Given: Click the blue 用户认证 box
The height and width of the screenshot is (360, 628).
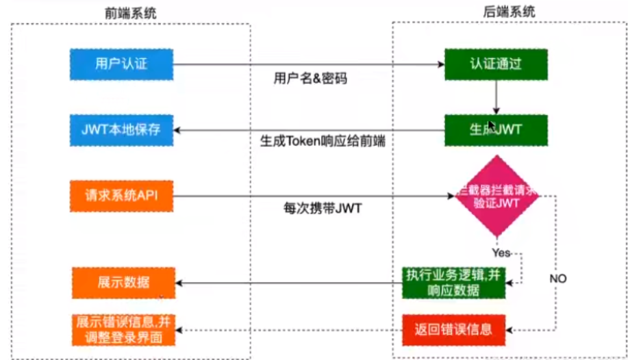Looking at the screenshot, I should click(x=121, y=64).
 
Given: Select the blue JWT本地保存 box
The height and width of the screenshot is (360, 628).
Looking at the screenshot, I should click(x=121, y=129).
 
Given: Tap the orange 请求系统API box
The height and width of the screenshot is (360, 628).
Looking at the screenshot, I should click(x=121, y=195).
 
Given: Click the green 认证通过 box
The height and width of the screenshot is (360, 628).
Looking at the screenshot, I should click(x=495, y=65).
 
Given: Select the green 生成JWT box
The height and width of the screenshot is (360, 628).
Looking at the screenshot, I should click(x=495, y=129).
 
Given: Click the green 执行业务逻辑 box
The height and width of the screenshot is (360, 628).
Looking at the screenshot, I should click(x=453, y=283).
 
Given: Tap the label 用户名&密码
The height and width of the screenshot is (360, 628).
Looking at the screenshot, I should click(x=310, y=78).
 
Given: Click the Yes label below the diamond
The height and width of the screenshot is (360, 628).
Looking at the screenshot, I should click(x=501, y=253).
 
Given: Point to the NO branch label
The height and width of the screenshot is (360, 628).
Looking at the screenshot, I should click(x=558, y=279).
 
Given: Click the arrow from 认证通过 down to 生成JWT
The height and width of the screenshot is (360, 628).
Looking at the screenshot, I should click(x=496, y=97).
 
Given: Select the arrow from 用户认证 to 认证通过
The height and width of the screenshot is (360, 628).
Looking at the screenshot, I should click(x=308, y=65).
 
